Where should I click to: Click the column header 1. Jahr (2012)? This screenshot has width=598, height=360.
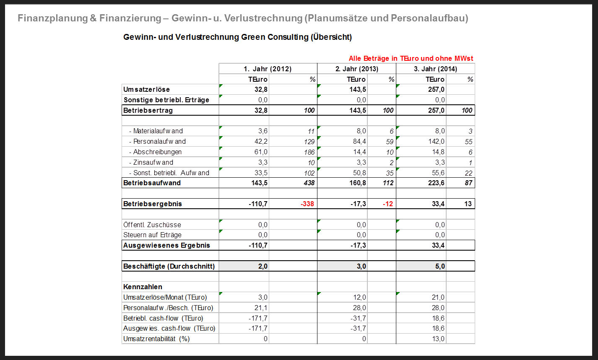268,69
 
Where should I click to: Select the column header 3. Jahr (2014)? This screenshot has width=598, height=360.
435,69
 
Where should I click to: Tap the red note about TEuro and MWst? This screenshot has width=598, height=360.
411,59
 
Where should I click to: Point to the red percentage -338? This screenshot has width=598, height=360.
307,204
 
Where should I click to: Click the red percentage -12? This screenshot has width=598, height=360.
388,204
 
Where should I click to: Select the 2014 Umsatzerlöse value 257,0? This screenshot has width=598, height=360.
436,90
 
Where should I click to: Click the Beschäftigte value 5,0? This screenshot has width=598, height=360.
440,267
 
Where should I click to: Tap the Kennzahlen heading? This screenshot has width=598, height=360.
143,287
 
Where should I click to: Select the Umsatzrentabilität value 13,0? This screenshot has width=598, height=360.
438,339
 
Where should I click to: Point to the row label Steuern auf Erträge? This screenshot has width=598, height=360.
152,235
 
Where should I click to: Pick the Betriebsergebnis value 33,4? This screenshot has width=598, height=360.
438,204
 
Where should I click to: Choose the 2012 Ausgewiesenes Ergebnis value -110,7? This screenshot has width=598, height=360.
258,246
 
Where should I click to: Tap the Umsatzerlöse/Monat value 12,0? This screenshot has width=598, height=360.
359,298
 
